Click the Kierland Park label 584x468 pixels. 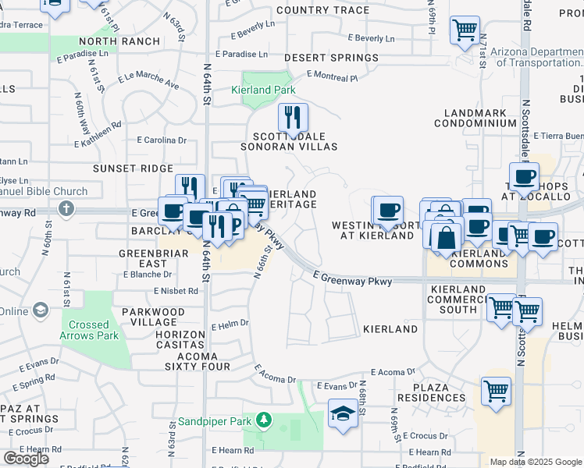pos(263,90)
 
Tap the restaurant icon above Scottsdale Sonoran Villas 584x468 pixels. pos(293,118)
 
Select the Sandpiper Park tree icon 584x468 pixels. pos(264,421)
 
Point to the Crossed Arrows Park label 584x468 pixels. pos(89,330)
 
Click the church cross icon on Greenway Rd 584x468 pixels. pos(66,208)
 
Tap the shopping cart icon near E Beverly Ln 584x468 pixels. pos(465,31)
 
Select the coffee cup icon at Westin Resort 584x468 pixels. pos(388,210)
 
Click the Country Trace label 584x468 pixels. pos(322,10)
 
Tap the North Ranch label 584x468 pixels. pos(109,41)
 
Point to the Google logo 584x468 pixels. pos(26,458)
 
